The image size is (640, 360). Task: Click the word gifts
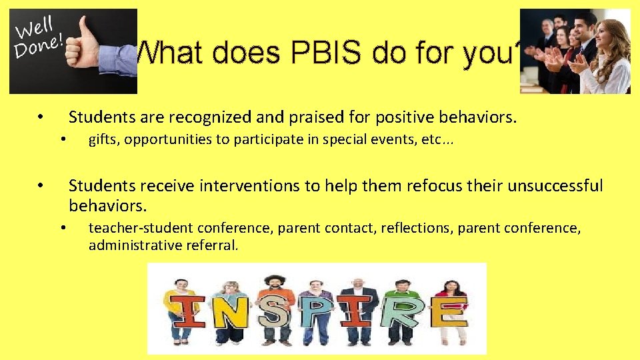point(103,139)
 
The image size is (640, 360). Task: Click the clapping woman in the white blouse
point(607,57)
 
